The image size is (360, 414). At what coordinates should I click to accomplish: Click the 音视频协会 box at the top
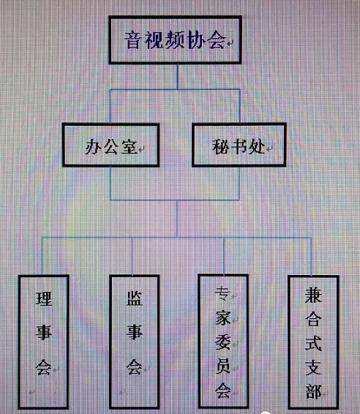tap(175, 40)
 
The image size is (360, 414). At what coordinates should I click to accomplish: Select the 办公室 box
tap(110, 145)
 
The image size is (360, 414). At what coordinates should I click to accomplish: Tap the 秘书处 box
tap(239, 145)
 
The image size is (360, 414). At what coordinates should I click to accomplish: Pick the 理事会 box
tap(44, 342)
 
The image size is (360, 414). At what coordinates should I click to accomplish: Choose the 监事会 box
tap(135, 342)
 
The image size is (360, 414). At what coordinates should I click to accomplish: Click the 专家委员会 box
tap(223, 342)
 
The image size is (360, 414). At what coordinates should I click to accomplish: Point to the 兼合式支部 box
tap(313, 342)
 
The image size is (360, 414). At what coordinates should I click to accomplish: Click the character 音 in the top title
tap(134, 40)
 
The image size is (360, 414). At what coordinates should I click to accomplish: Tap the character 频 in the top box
tap(175, 41)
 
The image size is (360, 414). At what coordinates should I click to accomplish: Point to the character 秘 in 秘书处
tap(221, 146)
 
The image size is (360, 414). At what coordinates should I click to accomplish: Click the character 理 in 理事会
tap(44, 299)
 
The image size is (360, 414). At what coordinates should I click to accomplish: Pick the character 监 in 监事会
tap(135, 298)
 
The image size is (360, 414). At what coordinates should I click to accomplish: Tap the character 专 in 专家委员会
tap(222, 293)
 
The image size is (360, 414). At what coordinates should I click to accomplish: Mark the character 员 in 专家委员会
tap(222, 366)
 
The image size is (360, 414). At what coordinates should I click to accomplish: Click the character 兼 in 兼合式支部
tap(313, 296)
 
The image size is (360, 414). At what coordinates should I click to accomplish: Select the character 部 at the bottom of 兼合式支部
tap(313, 391)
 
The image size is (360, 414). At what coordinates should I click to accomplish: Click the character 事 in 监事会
tap(135, 332)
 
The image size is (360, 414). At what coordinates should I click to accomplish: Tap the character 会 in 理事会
tap(44, 367)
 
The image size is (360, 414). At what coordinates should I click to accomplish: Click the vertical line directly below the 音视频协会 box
tap(177, 77)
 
